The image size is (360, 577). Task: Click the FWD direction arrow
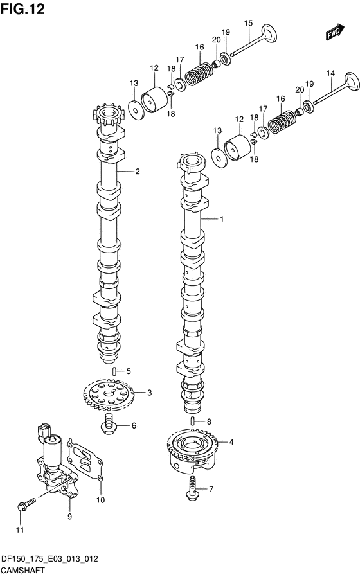(x=334, y=32)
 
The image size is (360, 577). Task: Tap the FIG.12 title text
(x=22, y=9)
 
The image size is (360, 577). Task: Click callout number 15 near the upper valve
(x=249, y=24)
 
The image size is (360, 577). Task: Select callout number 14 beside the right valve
(x=330, y=73)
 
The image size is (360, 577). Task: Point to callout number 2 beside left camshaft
(x=138, y=171)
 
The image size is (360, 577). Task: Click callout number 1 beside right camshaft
(x=222, y=219)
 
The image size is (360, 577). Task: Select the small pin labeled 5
(x=114, y=370)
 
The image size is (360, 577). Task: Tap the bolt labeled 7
(x=192, y=488)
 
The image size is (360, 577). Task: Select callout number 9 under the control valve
(x=69, y=517)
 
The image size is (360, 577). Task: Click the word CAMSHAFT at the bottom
(x=23, y=570)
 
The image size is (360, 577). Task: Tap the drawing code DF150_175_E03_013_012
(x=50, y=558)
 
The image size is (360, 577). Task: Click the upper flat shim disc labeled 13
(x=136, y=109)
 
